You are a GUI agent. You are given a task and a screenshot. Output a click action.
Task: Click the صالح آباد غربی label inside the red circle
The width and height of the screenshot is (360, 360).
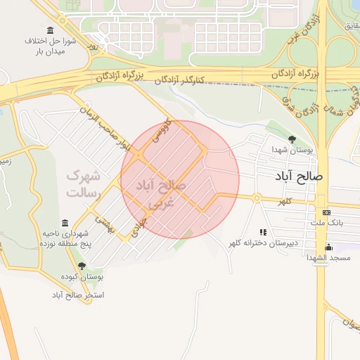(162, 194)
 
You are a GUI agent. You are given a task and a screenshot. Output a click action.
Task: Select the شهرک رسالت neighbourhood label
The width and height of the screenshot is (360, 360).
(84, 183)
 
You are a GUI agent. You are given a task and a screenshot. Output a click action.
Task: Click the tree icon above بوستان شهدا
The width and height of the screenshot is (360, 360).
(292, 139)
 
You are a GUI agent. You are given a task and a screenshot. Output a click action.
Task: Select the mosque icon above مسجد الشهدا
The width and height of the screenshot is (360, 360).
(328, 246)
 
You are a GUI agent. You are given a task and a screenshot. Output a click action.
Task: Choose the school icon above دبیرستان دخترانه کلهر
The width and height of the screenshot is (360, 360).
(263, 231)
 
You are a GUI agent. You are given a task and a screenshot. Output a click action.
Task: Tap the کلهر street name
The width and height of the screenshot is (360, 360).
(285, 202)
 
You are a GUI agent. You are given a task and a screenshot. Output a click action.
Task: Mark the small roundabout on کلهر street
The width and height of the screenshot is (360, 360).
(257, 198)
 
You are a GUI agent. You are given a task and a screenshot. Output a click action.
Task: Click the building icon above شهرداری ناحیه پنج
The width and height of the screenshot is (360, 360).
(65, 222)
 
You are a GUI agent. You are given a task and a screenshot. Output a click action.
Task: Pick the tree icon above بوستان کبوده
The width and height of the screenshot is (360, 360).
(82, 266)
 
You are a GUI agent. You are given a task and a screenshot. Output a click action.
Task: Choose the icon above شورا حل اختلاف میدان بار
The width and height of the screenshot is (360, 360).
(50, 30)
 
